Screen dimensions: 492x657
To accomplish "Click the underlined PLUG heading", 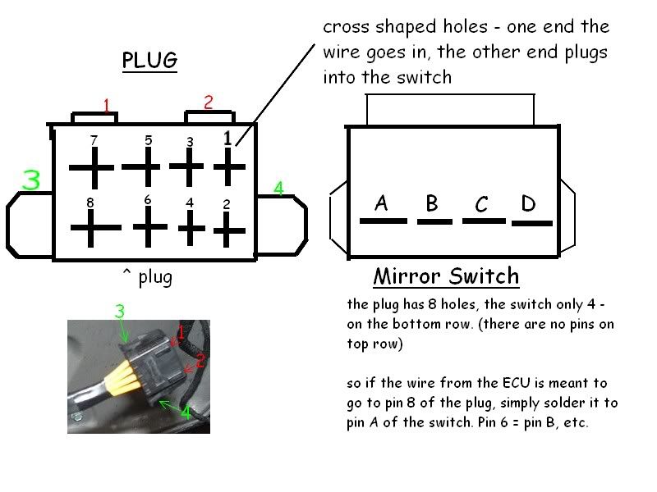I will tap(149, 61).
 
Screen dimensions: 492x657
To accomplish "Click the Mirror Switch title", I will tap(446, 276).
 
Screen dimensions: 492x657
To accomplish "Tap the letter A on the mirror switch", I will tap(381, 203).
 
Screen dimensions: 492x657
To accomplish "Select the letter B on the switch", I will tap(432, 203).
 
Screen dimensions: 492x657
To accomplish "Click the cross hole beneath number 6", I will tap(148, 226).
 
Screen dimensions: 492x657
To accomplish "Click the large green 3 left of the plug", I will tap(31, 180).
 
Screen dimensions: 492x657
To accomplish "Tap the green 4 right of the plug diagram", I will tap(278, 189).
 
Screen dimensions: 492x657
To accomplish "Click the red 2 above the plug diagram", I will tap(209, 102).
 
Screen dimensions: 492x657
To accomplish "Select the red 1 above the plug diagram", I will tap(106, 105).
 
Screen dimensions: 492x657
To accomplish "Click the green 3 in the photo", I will tap(119, 312).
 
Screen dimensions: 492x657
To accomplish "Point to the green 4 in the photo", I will tap(186, 412).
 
